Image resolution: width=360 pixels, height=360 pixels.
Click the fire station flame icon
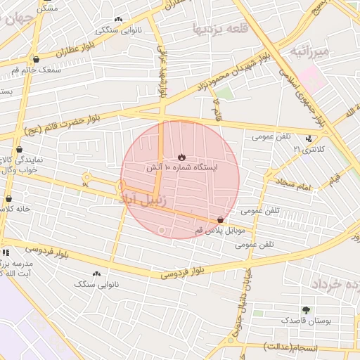click(181, 157)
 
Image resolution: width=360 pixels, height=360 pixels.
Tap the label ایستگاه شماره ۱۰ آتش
click(182, 168)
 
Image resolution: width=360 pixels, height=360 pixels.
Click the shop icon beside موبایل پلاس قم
click(221, 220)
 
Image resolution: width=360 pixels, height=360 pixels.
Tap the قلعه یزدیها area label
click(217, 28)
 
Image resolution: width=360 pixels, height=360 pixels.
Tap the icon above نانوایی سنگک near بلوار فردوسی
click(96, 274)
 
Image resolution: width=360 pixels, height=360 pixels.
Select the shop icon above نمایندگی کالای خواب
click(18, 149)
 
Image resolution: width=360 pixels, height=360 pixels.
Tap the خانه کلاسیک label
click(15, 210)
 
